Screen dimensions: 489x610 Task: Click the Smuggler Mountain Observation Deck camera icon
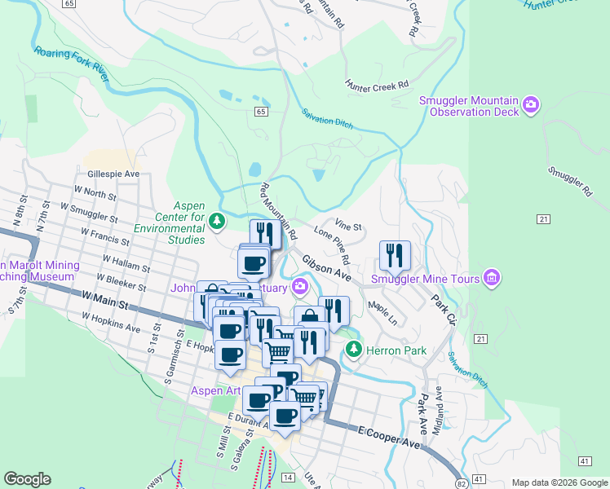click(x=532, y=104)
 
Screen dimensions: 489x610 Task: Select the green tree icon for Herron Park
click(x=353, y=350)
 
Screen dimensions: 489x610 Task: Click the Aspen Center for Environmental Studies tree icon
click(x=217, y=220)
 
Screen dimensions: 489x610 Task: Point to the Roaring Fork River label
click(x=72, y=63)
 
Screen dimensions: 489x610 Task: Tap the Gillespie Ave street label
click(x=113, y=174)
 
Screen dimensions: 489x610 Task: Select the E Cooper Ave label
click(x=389, y=436)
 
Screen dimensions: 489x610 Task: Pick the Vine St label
click(x=348, y=225)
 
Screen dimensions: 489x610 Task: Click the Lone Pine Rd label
click(x=332, y=248)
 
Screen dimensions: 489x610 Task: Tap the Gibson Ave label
click(x=326, y=267)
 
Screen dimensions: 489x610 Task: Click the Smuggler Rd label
click(x=570, y=183)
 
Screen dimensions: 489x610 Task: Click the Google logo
click(x=28, y=479)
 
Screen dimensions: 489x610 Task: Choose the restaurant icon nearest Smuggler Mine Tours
click(x=395, y=254)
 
